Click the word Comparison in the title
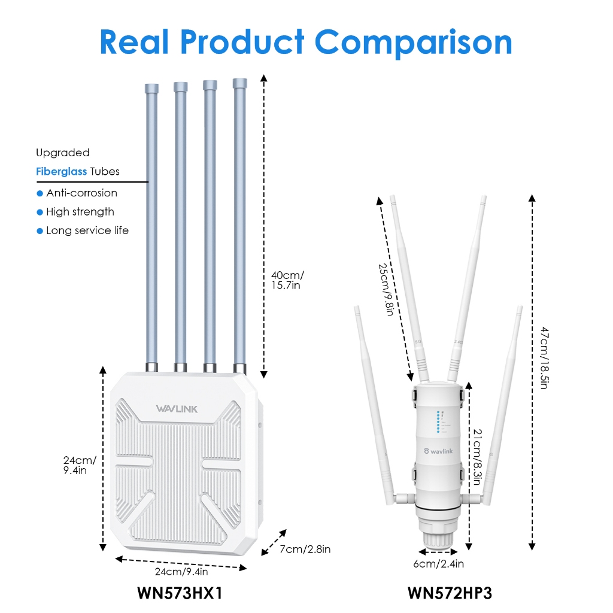tap(413, 43)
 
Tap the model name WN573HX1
tap(180, 593)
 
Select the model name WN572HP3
tap(450, 593)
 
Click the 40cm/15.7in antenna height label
tap(287, 280)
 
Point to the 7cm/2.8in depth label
tap(305, 550)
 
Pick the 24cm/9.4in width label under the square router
tap(181, 572)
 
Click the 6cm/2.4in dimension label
tap(439, 564)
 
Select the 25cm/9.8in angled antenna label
tap(386, 289)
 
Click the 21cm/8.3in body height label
tap(477, 457)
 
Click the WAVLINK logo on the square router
tap(177, 409)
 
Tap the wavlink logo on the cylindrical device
tap(438, 451)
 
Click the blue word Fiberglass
tap(62, 172)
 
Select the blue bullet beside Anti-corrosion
tap(40, 193)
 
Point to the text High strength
tap(80, 212)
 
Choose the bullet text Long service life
tap(87, 230)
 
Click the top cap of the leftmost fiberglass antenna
tap(151, 89)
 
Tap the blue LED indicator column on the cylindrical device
tap(438, 422)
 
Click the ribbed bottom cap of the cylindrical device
tap(438, 539)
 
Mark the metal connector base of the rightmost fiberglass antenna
tap(239, 368)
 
